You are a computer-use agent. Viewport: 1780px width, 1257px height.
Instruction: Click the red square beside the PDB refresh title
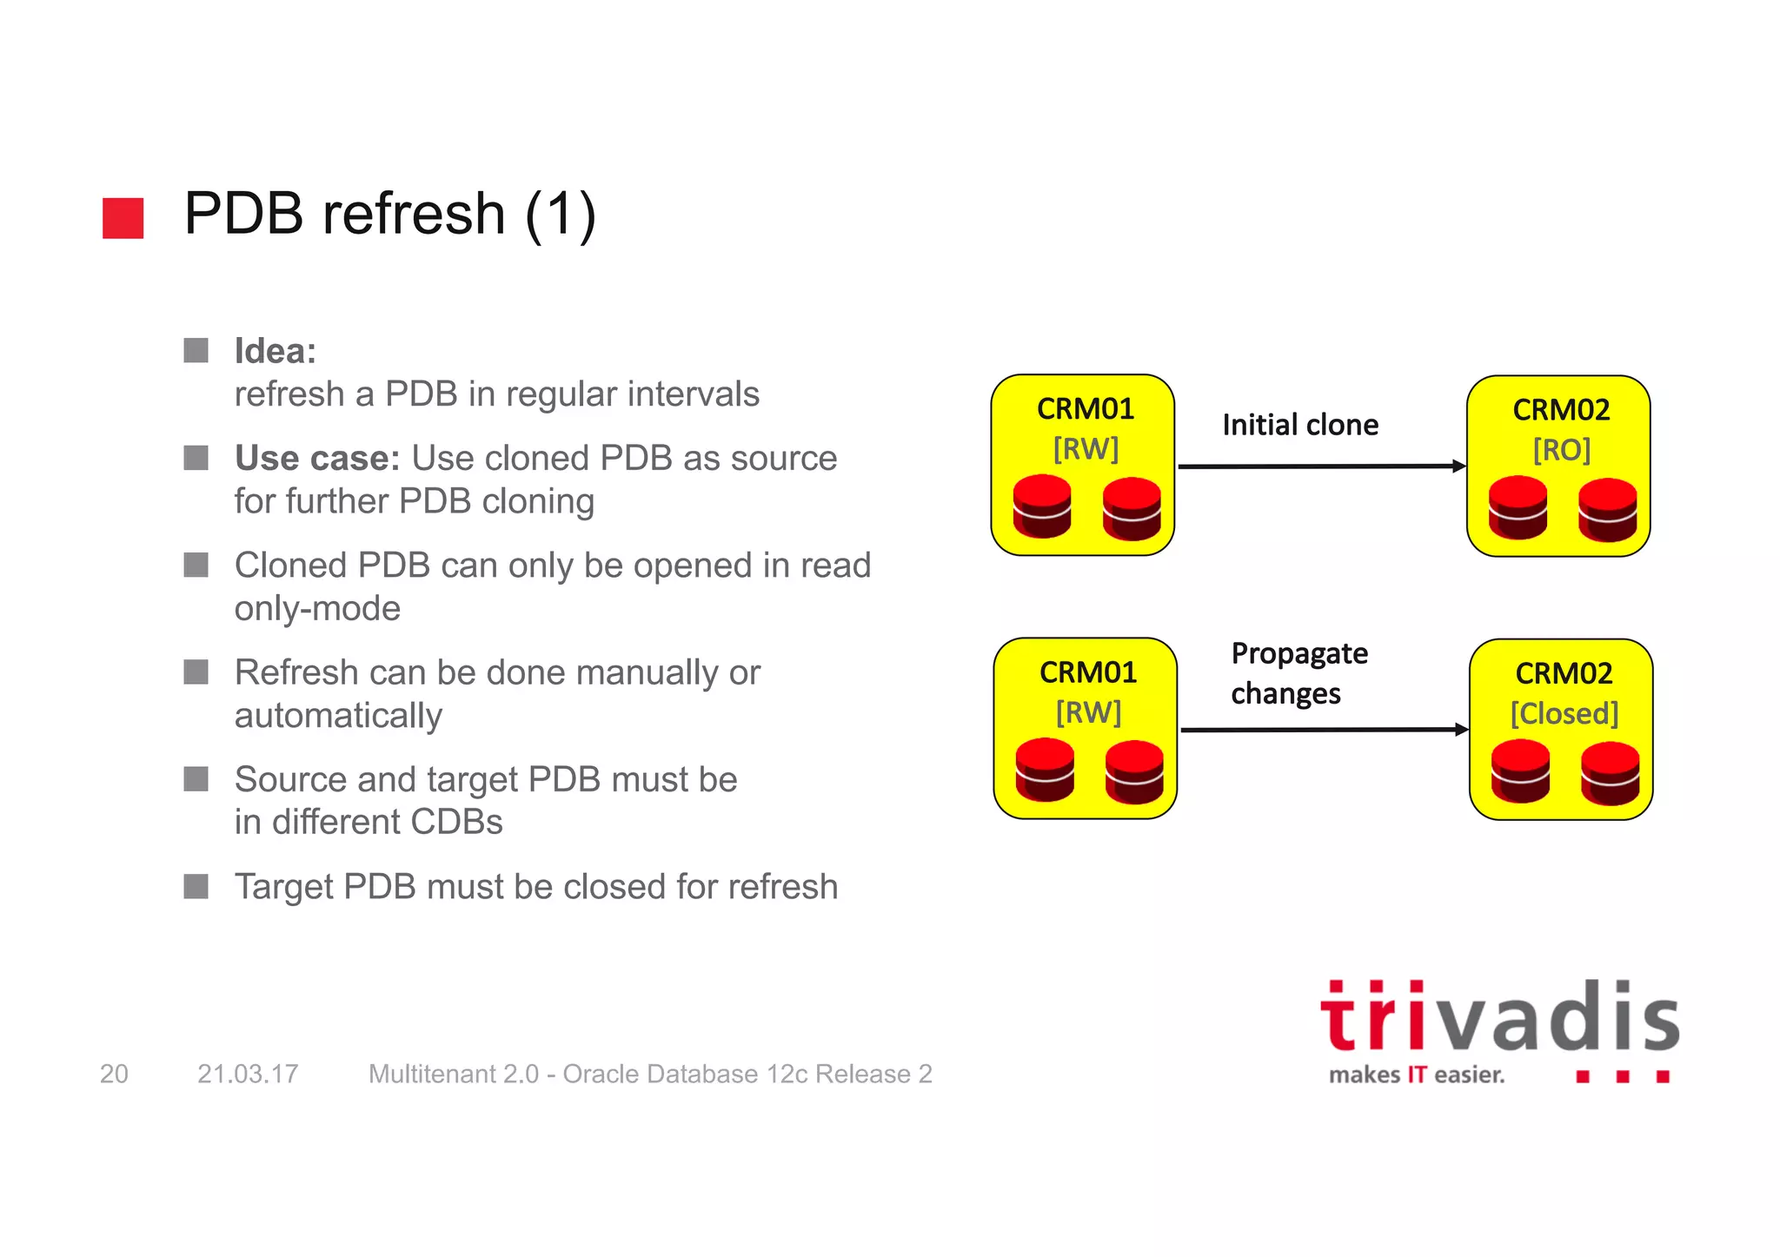[123, 218]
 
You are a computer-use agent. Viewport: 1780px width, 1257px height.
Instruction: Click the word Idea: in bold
[275, 351]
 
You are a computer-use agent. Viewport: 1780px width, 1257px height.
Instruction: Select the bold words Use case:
[316, 458]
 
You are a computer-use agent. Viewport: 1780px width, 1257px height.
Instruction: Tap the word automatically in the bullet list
[338, 716]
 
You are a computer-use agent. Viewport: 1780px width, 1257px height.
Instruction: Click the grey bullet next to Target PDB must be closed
[196, 886]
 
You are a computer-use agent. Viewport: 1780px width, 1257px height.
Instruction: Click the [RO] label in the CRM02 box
[1561, 450]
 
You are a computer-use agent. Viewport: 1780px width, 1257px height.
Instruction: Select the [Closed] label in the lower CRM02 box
[1564, 713]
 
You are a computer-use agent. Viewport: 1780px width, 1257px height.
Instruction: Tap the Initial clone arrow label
[1299, 425]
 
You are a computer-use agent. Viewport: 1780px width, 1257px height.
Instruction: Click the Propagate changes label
[1298, 673]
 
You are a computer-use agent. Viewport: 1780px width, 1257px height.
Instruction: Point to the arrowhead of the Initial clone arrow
[1459, 466]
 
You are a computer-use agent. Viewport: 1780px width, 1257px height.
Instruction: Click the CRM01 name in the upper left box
[1085, 408]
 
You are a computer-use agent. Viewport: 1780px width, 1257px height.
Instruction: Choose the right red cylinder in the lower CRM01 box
[1134, 771]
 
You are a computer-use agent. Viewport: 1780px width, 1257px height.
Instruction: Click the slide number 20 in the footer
[114, 1074]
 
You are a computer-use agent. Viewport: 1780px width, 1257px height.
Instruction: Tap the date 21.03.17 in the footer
[248, 1074]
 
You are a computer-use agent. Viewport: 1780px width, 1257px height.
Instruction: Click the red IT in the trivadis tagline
[1417, 1075]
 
